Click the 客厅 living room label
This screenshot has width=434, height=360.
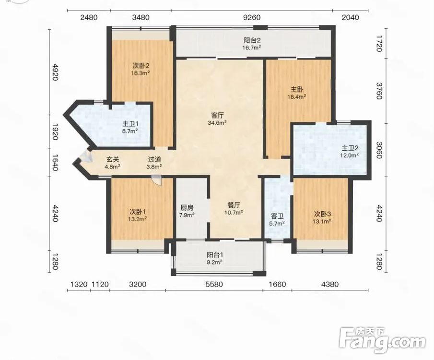pyautogui.click(x=217, y=115)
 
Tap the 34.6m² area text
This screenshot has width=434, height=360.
pyautogui.click(x=217, y=122)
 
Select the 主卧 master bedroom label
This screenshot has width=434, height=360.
pyautogui.click(x=297, y=90)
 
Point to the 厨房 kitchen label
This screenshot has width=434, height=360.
pyautogui.click(x=187, y=207)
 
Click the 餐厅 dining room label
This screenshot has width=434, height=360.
pyautogui.click(x=234, y=205)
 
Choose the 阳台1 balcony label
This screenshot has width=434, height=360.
pyautogui.click(x=215, y=255)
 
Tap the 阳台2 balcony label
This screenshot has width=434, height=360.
pyautogui.click(x=252, y=40)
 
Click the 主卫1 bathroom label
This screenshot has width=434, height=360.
pyautogui.click(x=130, y=124)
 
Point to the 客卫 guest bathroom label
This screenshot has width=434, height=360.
pyautogui.click(x=277, y=216)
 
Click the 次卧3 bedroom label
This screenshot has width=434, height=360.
pyautogui.click(x=322, y=214)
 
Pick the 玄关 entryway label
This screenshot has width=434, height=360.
pyautogui.click(x=113, y=159)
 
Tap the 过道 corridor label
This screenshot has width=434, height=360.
pyautogui.click(x=154, y=159)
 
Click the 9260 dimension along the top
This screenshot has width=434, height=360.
pyautogui.click(x=252, y=17)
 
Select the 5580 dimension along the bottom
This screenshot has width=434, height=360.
pyautogui.click(x=214, y=284)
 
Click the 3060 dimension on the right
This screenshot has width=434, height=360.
pyautogui.click(x=379, y=150)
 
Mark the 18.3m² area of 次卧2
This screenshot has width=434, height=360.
pyautogui.click(x=141, y=73)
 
